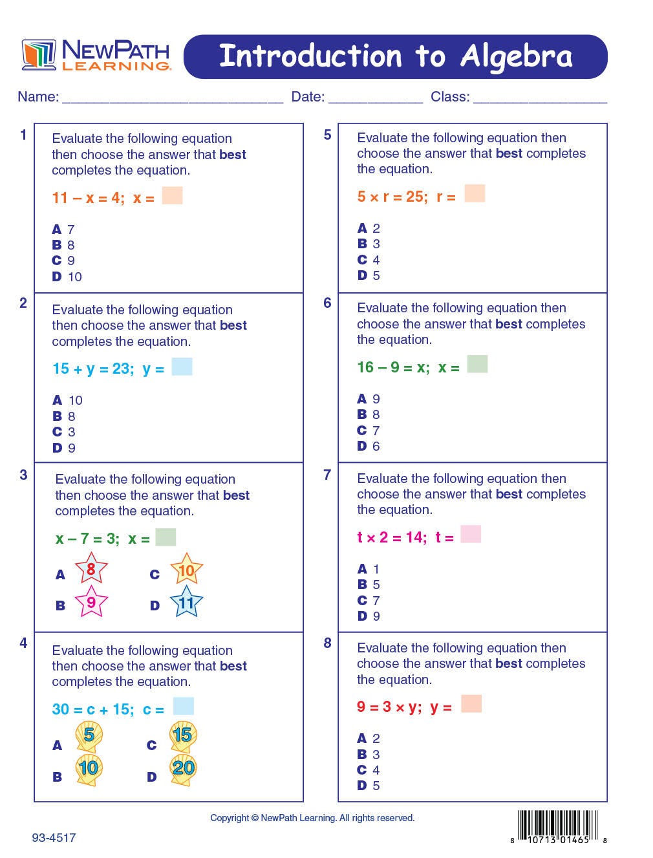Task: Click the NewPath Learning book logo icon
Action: point(39,55)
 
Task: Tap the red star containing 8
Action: point(91,570)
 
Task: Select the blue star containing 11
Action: point(186,603)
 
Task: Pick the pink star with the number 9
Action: point(91,603)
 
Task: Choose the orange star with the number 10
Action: point(186,570)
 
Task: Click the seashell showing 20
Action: point(184,769)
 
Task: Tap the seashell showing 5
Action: point(89,736)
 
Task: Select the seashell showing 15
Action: point(183,735)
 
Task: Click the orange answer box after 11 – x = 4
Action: point(172,196)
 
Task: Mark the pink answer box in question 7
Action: point(471,535)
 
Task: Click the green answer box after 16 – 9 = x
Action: point(477,365)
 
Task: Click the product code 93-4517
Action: point(54,838)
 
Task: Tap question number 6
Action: point(327,303)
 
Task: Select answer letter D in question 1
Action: point(57,277)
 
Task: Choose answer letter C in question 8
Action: point(362,770)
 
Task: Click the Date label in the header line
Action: point(308,97)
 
